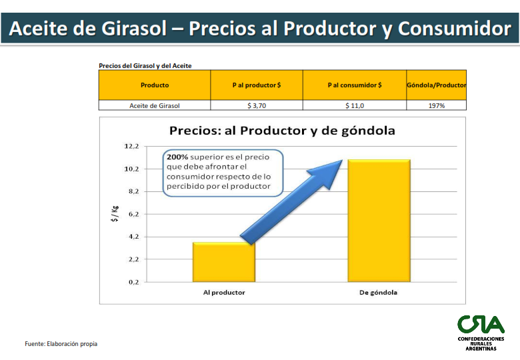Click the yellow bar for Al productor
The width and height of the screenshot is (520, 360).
coord(224,262)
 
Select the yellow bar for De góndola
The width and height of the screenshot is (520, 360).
coord(379,221)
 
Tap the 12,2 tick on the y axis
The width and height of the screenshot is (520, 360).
coord(131,146)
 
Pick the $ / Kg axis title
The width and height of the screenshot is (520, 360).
coord(115,214)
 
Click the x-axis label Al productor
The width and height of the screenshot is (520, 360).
coord(224,293)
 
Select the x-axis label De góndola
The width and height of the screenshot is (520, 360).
coord(379,293)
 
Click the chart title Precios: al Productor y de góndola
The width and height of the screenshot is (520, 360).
coord(282,131)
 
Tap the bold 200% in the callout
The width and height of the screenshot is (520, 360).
coord(177,157)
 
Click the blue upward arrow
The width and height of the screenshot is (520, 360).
coord(291,202)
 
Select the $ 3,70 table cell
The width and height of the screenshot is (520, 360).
coord(257,105)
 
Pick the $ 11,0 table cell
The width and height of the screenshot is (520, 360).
coord(355,105)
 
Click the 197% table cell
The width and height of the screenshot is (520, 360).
coord(437,105)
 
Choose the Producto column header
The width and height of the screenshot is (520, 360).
coord(155,85)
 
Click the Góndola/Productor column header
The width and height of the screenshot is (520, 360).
coord(437,85)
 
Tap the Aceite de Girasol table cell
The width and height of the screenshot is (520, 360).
coord(155,105)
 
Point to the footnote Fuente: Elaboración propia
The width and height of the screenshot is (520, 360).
coord(61,344)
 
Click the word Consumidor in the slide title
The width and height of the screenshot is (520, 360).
coord(455,29)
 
